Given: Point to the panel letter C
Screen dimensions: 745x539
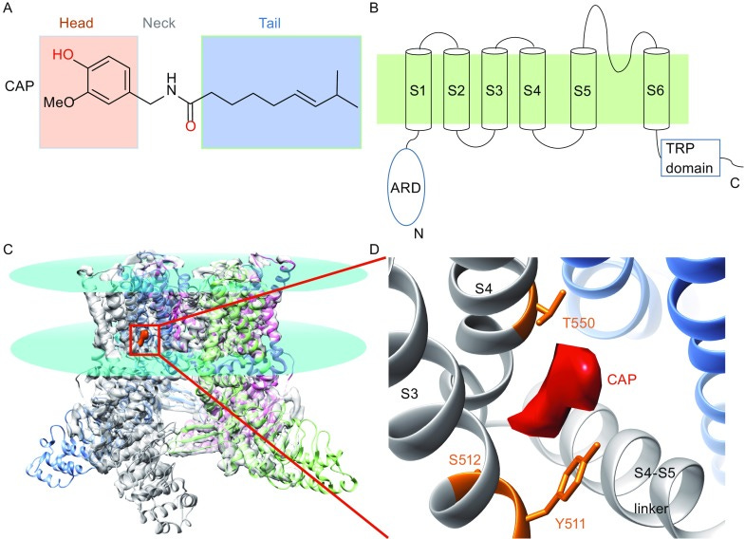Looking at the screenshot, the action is pos(9,251).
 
